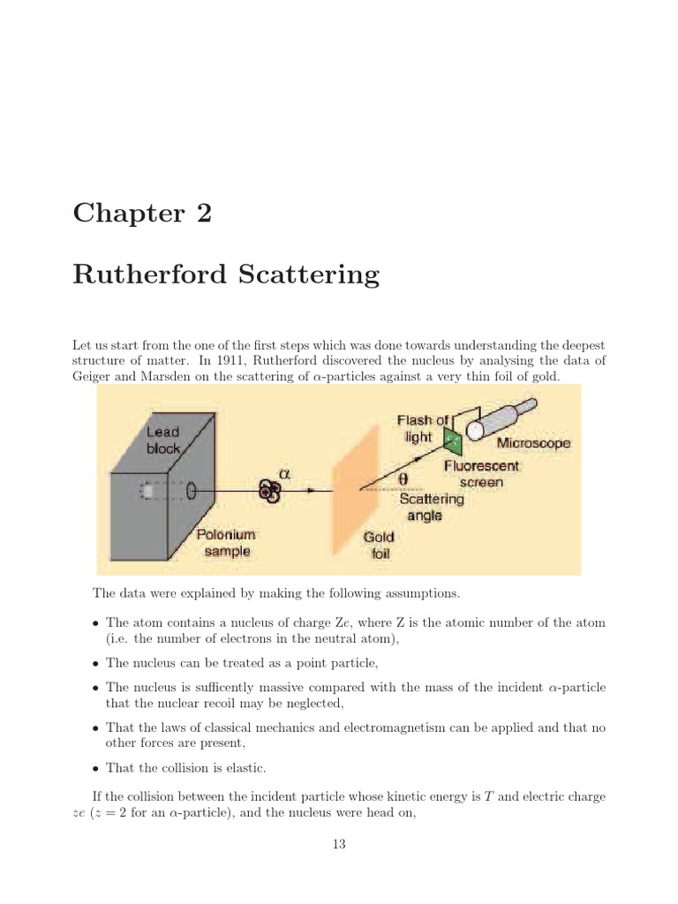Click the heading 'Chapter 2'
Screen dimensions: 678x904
pyautogui.click(x=142, y=214)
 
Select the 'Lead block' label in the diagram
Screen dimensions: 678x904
pyautogui.click(x=162, y=440)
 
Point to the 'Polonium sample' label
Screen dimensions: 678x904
pyautogui.click(x=223, y=543)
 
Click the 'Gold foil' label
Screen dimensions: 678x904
pyautogui.click(x=380, y=546)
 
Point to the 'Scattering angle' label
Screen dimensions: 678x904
pyautogui.click(x=431, y=507)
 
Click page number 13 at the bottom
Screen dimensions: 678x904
pyautogui.click(x=339, y=845)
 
